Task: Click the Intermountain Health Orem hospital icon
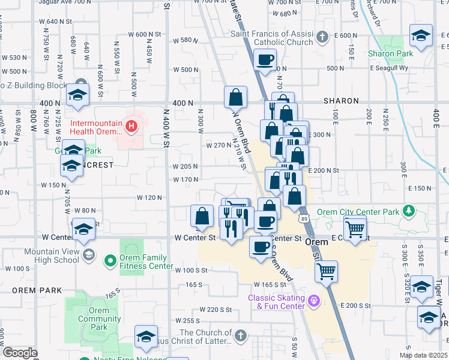tap(130, 127)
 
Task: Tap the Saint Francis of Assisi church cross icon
tap(322, 37)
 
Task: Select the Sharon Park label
tap(391, 53)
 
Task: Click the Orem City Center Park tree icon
tap(409, 211)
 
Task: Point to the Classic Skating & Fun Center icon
tap(313, 300)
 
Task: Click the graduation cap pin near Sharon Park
tap(421, 35)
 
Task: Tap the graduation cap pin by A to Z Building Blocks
tap(77, 95)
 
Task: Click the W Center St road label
tap(195, 238)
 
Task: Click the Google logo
tap(20, 352)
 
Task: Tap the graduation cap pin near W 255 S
tap(146, 337)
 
